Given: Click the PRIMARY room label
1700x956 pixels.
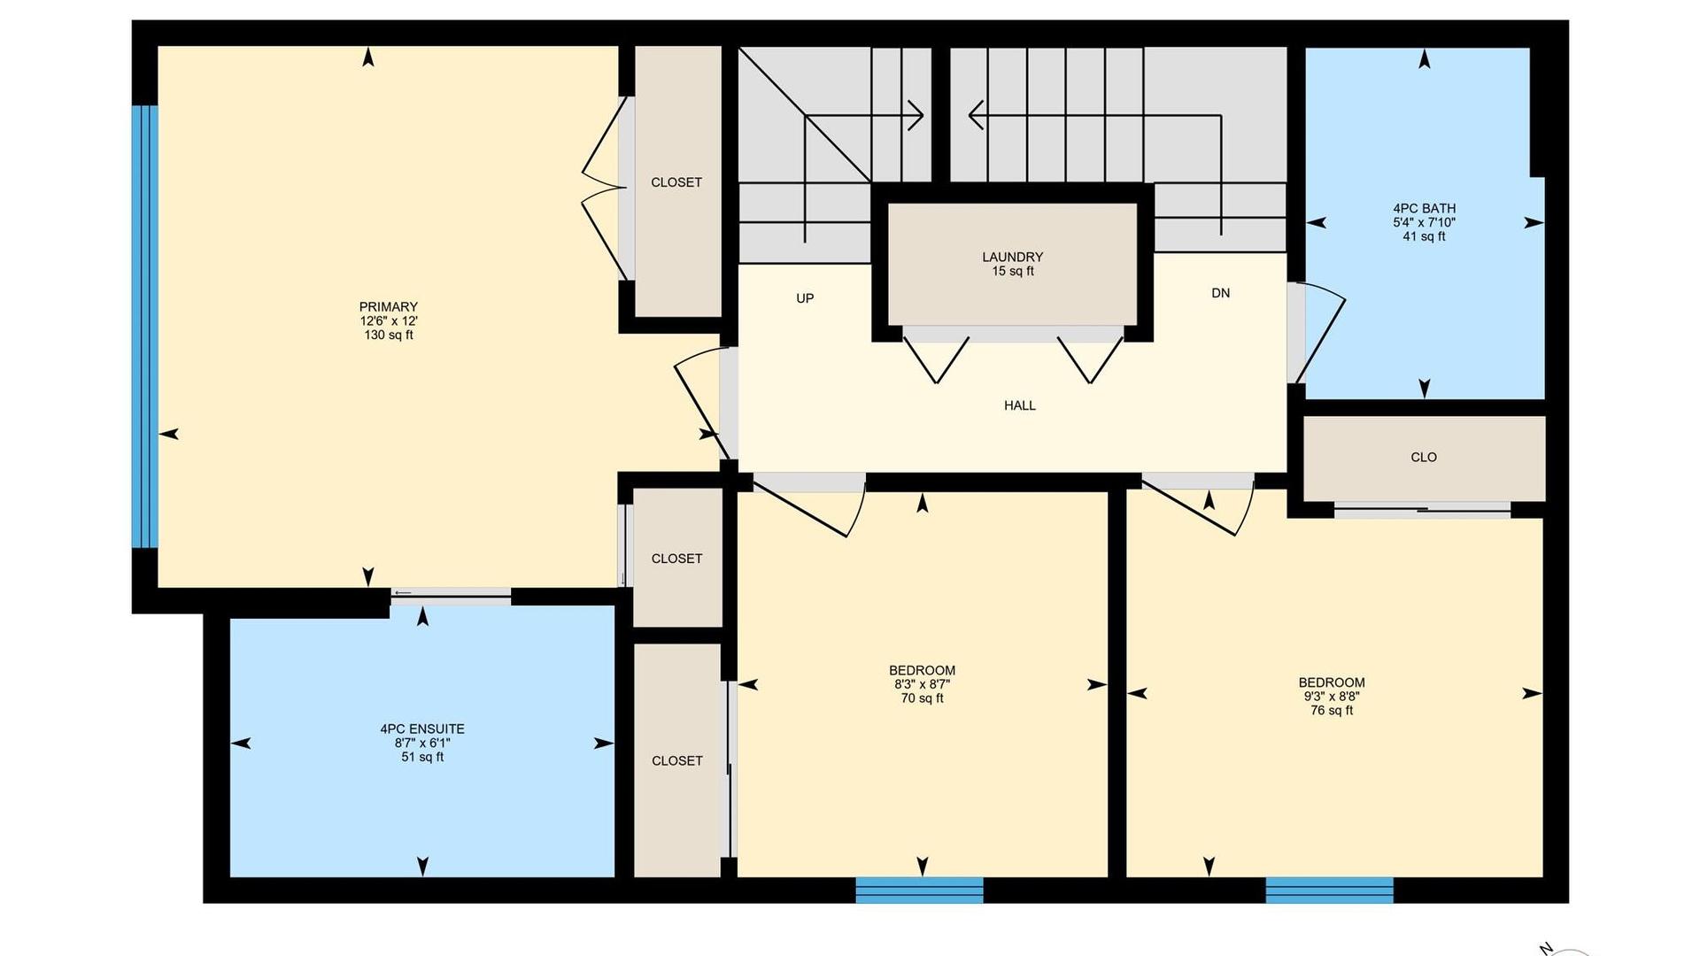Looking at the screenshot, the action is (x=388, y=307).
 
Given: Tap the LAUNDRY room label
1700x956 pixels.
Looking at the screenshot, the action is (x=1012, y=258).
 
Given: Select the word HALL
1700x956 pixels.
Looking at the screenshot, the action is (x=1019, y=405).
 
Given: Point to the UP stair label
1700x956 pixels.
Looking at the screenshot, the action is (x=805, y=298).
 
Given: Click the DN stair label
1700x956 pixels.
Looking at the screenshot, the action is (x=1220, y=293).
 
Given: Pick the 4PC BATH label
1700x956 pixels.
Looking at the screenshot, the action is (x=1424, y=209).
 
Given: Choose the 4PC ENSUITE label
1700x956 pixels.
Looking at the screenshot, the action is (x=422, y=729).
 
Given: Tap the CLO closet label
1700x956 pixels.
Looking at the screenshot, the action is (x=1424, y=458).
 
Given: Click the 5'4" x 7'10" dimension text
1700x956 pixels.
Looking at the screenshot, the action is (x=1424, y=223).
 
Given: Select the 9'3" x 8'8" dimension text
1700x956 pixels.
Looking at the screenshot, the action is (x=1332, y=697).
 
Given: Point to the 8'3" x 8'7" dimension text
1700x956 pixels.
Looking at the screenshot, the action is (x=922, y=684).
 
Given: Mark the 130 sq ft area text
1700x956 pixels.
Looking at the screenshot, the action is (x=388, y=335).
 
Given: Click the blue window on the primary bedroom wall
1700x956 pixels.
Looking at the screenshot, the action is (x=145, y=327).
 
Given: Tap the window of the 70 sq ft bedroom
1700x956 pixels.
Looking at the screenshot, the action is (x=919, y=890).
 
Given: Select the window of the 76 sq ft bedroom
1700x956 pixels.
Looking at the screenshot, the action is (x=1329, y=890).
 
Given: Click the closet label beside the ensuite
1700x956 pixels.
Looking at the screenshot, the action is (x=676, y=761).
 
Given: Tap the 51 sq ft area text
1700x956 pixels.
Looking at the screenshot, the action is (x=422, y=758).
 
